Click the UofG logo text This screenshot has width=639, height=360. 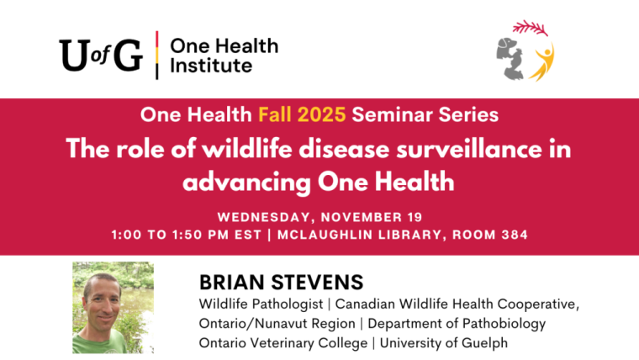[x=100, y=55]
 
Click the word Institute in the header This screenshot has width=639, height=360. [x=211, y=65]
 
